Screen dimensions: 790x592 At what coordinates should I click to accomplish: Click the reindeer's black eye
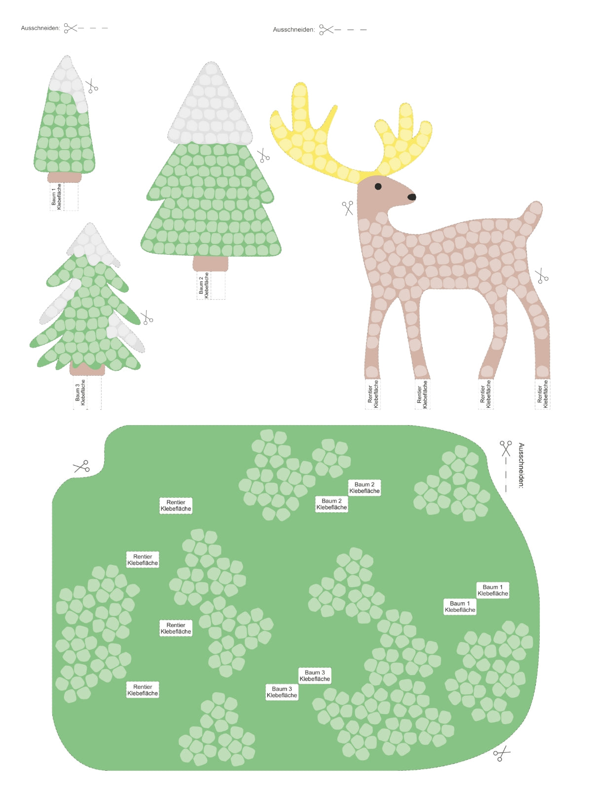(x=378, y=186)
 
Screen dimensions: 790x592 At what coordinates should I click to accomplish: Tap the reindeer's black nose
(x=411, y=197)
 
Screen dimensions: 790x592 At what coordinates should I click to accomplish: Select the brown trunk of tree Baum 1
(x=65, y=177)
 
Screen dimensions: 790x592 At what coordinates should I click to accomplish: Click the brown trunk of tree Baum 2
(x=211, y=264)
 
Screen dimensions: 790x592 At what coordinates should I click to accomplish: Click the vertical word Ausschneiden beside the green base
(x=521, y=466)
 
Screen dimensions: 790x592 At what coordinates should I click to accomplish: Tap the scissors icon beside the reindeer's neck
(x=348, y=207)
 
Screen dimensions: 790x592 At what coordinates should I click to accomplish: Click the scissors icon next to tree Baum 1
(x=92, y=86)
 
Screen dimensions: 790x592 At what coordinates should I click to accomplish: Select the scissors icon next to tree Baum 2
(x=263, y=156)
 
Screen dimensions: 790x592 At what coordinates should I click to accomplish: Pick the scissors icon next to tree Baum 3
(x=147, y=318)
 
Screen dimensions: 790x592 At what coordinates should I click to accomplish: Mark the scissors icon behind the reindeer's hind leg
(x=542, y=276)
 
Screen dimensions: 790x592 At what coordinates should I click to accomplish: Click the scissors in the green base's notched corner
(x=81, y=466)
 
